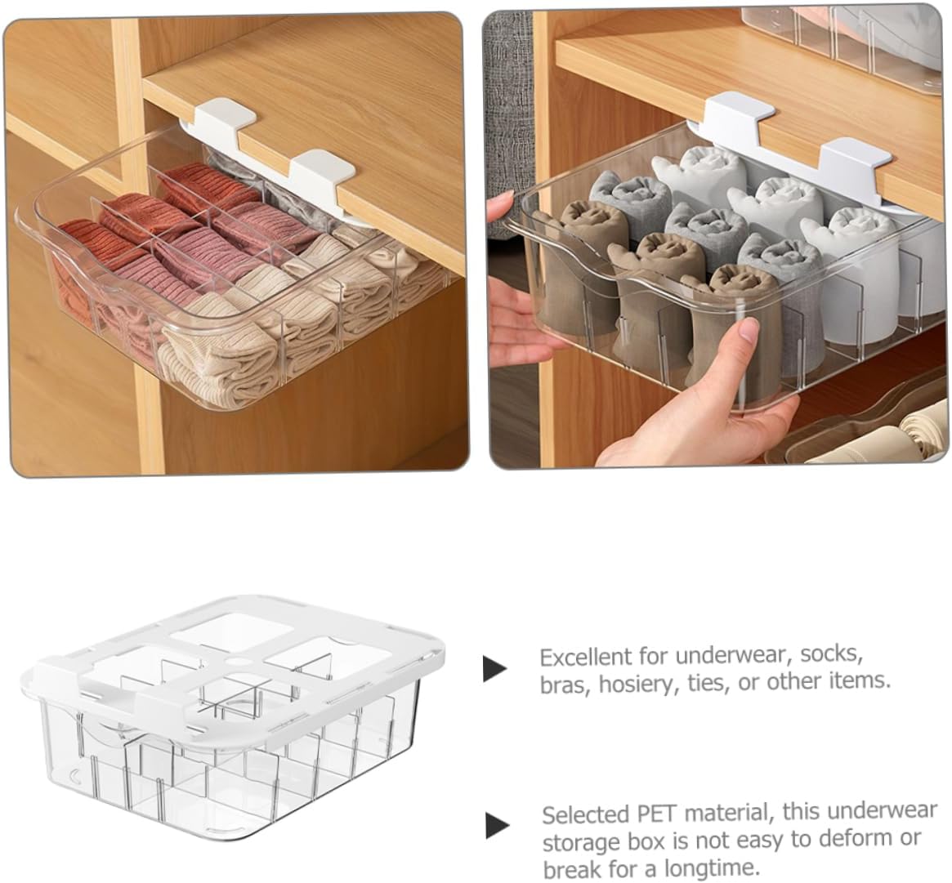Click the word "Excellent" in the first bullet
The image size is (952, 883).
[x=584, y=658]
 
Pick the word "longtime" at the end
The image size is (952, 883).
[x=723, y=866]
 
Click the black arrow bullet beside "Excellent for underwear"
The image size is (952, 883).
[x=494, y=668]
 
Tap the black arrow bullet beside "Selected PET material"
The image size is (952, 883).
[x=497, y=825]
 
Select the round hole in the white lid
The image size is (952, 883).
[x=238, y=659]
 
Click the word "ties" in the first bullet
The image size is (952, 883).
[x=708, y=682]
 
